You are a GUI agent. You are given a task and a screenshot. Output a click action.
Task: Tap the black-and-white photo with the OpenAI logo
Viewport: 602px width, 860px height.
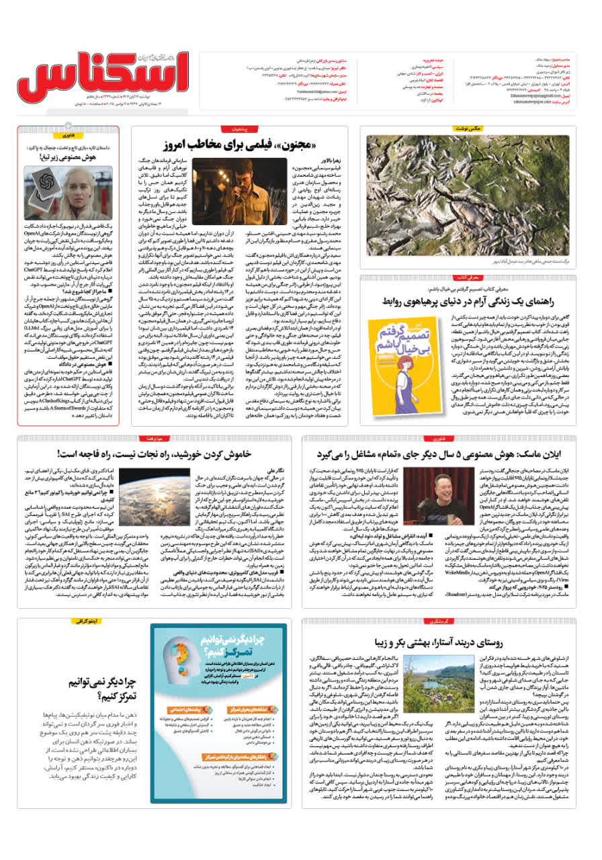[58, 192]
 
